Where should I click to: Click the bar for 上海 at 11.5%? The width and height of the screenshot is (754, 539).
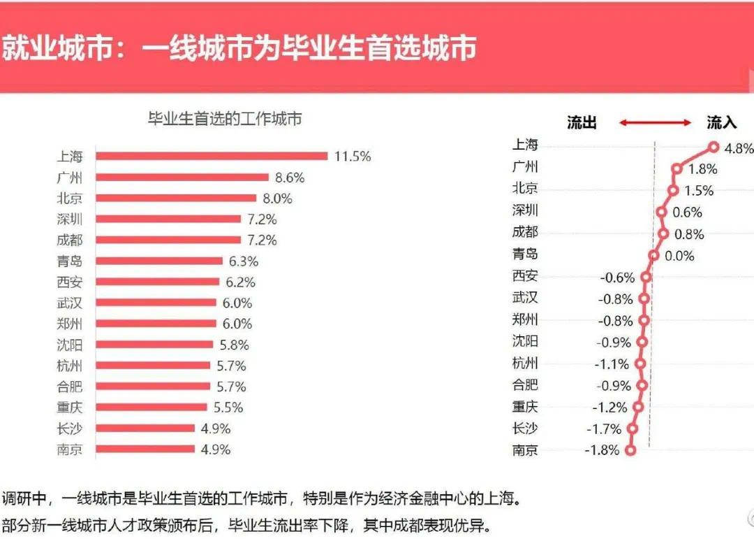click(212, 156)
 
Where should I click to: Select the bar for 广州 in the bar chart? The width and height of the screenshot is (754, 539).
click(182, 178)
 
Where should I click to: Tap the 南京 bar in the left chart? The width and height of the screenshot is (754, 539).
click(145, 449)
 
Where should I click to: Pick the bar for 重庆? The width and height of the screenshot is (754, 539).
click(151, 408)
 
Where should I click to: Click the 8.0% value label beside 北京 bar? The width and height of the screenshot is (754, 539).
click(277, 199)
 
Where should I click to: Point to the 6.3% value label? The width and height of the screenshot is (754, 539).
click(244, 261)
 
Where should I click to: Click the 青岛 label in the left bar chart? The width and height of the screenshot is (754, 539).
click(70, 261)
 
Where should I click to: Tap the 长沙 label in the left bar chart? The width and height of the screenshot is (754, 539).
click(70, 429)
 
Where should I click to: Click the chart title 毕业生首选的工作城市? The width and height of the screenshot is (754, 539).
click(225, 119)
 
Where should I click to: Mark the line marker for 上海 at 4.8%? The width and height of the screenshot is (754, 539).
click(714, 147)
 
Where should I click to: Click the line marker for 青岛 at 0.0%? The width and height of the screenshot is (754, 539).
click(653, 256)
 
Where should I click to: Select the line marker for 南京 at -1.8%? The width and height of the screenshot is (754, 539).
click(631, 450)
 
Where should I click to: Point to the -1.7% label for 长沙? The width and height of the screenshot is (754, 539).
click(604, 429)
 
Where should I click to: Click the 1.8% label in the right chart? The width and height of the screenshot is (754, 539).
click(702, 168)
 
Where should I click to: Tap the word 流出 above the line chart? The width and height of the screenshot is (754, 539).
click(582, 123)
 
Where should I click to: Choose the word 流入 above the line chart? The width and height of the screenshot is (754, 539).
click(721, 123)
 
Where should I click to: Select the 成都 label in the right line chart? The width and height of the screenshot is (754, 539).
click(525, 232)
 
